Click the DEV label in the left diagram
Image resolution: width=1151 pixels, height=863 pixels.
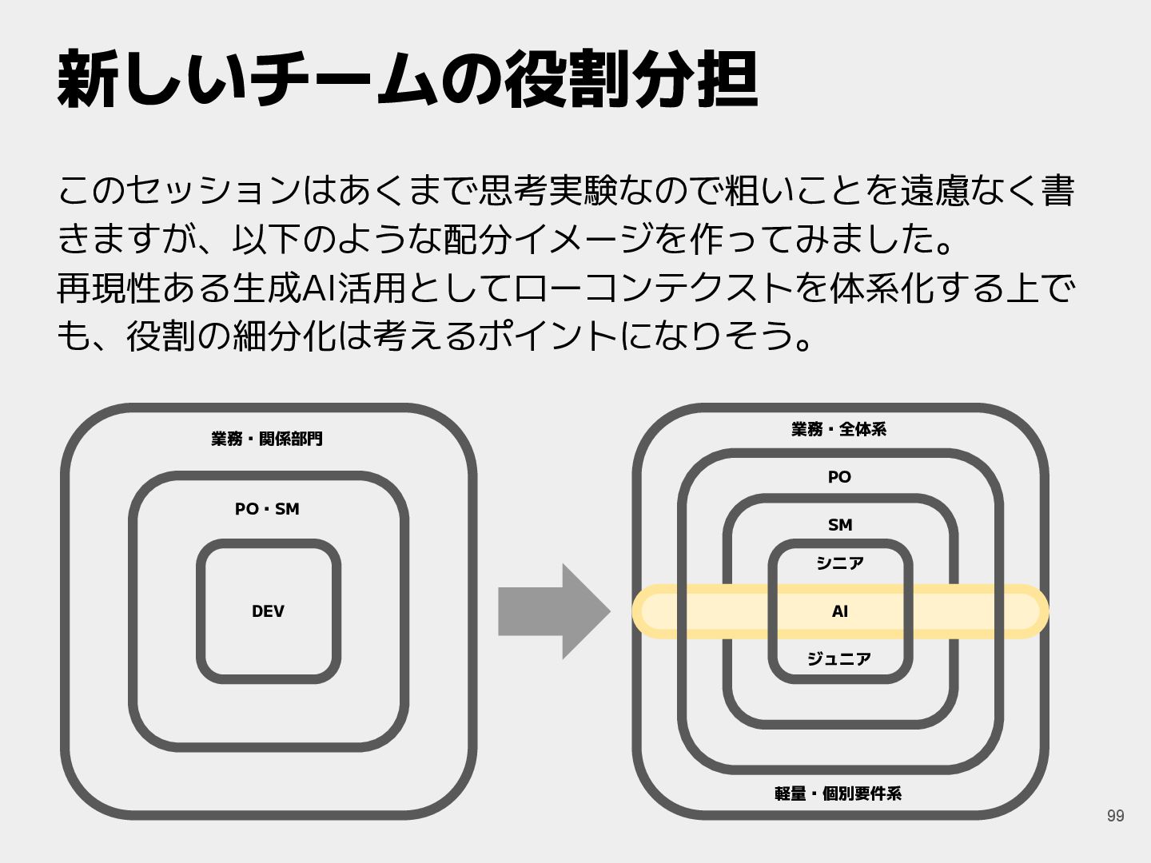point(268,611)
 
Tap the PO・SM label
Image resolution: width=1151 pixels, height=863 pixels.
point(267,509)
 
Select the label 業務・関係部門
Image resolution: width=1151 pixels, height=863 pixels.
point(267,439)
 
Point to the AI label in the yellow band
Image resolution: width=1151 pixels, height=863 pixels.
point(839,611)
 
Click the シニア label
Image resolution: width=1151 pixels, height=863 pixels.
point(839,563)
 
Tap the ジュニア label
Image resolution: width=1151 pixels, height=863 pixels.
point(839,659)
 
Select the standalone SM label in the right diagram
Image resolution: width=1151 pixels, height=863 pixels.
point(839,525)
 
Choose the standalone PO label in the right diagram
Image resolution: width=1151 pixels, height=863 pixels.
point(839,477)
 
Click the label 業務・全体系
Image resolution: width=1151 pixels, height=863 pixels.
point(839,430)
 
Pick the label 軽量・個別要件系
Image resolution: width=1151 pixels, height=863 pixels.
point(838,793)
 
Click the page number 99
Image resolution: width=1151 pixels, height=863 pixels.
point(1115,816)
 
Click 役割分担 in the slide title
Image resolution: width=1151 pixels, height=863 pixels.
point(631,80)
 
